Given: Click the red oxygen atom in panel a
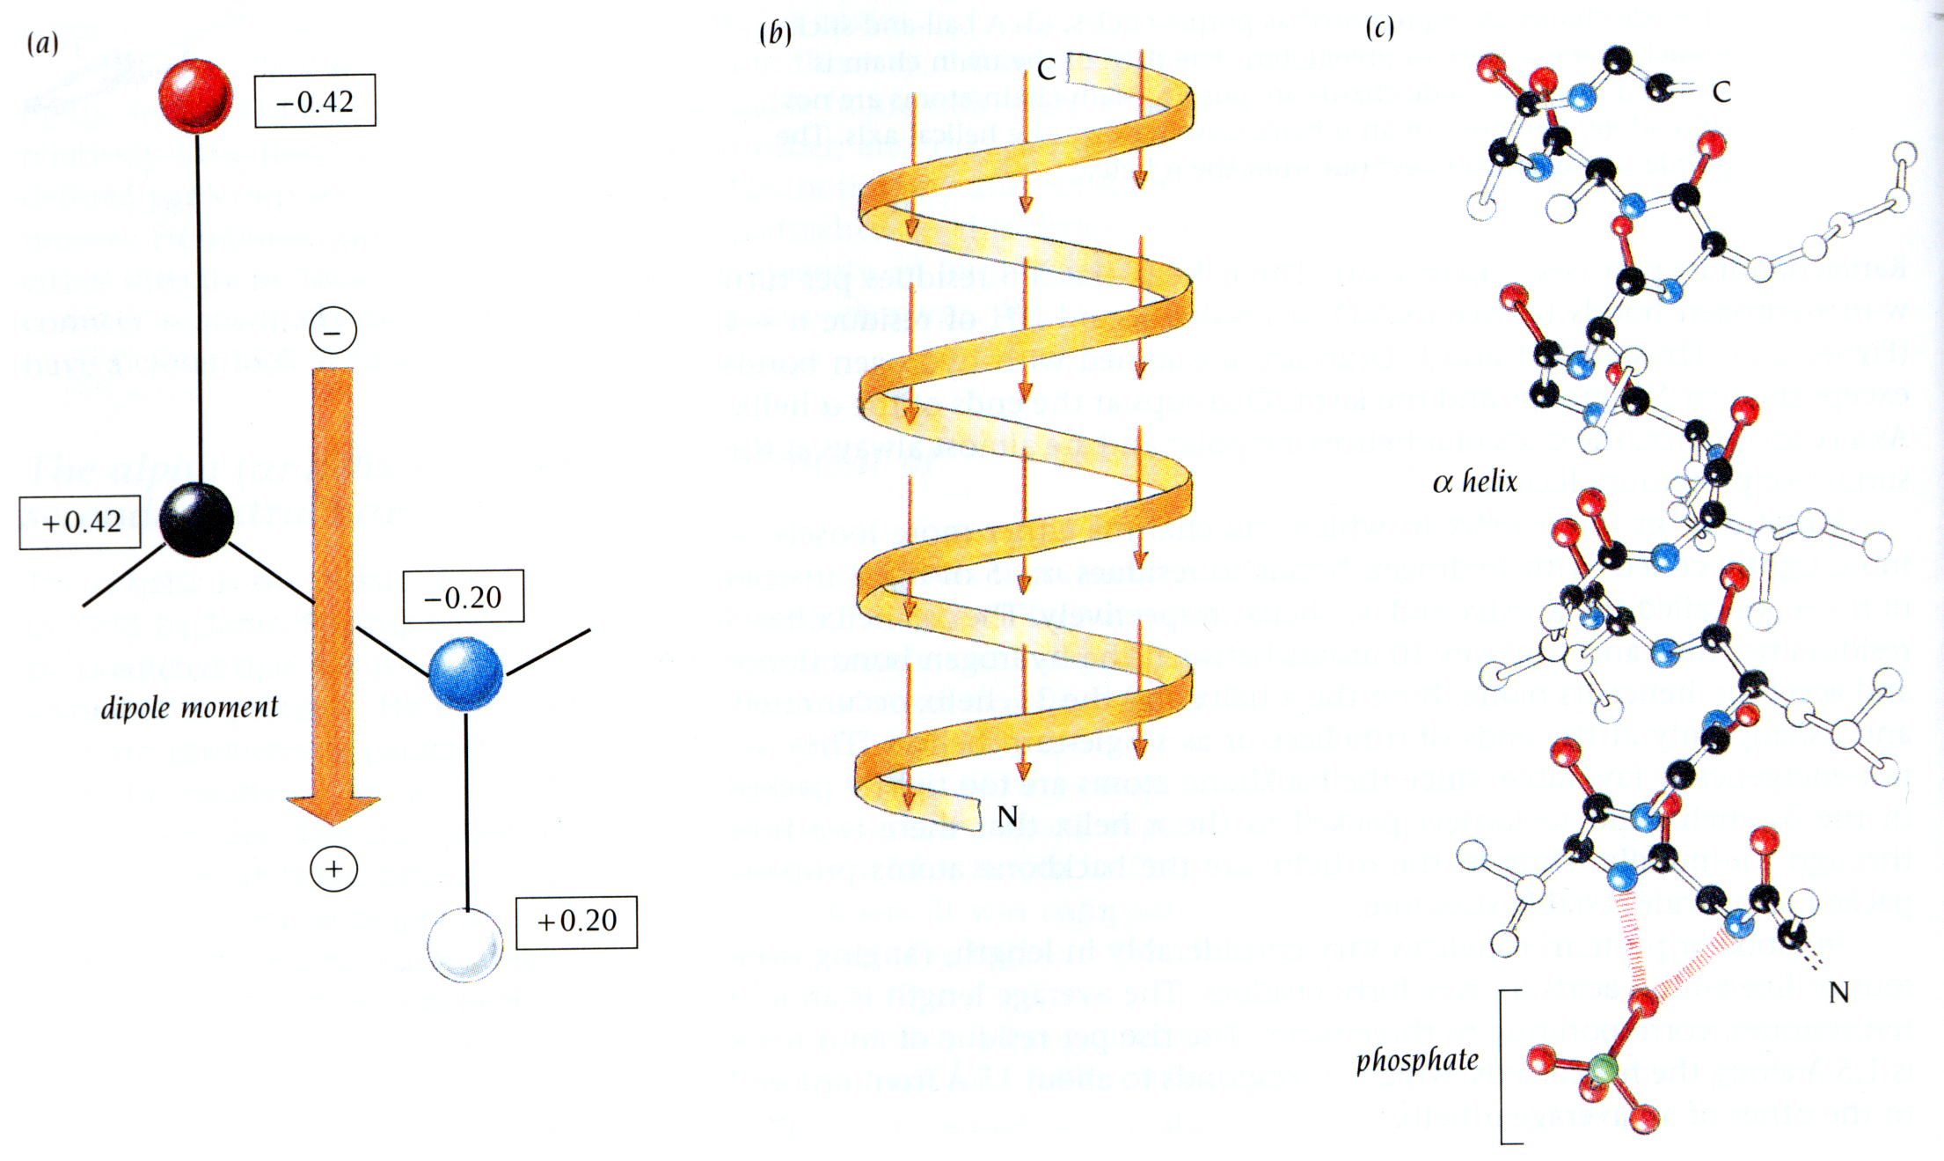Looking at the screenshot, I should click(x=195, y=95).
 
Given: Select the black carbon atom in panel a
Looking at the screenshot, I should click(x=197, y=519).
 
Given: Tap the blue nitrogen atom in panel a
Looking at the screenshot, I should click(x=465, y=674).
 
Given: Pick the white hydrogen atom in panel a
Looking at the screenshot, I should click(x=465, y=945).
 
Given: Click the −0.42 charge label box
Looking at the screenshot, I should click(x=315, y=101).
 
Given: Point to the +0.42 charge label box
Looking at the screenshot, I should click(x=80, y=522).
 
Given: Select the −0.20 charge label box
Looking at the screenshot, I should click(x=464, y=597).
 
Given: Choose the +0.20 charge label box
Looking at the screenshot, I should click(x=576, y=922).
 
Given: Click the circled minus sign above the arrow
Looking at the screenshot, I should click(x=333, y=331).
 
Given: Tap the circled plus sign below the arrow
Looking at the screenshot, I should click(x=333, y=869).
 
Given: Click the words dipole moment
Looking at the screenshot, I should click(x=189, y=708).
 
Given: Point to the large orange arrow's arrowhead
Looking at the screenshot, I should click(x=333, y=809).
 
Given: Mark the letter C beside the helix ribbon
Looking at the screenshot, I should click(x=1046, y=70).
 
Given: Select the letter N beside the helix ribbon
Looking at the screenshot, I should click(x=1008, y=817).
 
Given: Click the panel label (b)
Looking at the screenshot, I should click(x=775, y=33).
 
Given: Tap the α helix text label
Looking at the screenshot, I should click(x=1475, y=481).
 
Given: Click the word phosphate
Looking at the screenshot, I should click(x=1417, y=1061).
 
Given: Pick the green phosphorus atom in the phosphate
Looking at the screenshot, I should click(x=1603, y=1069).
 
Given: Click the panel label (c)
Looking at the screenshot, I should click(x=1380, y=28).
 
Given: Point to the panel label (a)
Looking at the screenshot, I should click(x=43, y=42).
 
